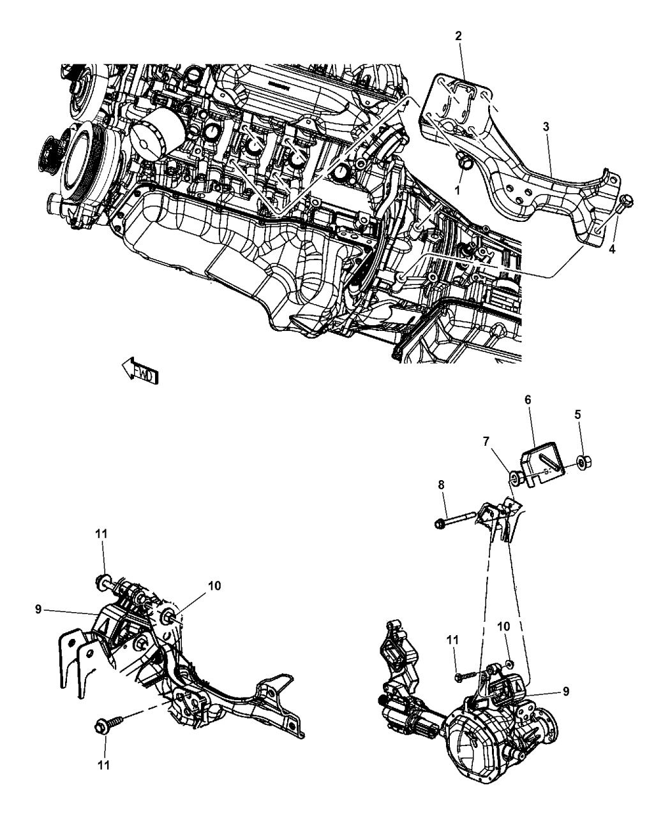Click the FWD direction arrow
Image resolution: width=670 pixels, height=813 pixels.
140,371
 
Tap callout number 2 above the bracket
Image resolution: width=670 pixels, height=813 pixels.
458,36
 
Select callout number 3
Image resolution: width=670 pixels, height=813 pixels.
546,127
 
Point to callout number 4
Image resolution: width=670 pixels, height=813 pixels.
611,249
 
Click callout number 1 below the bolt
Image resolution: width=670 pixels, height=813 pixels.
458,191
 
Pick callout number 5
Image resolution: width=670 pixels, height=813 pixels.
577,415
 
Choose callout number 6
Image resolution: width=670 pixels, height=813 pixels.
528,400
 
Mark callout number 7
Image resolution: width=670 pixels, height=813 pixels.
486,441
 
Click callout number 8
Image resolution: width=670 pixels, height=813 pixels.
441,485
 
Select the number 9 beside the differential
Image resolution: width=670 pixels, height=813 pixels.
566,691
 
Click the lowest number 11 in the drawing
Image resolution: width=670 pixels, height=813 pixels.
103,765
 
